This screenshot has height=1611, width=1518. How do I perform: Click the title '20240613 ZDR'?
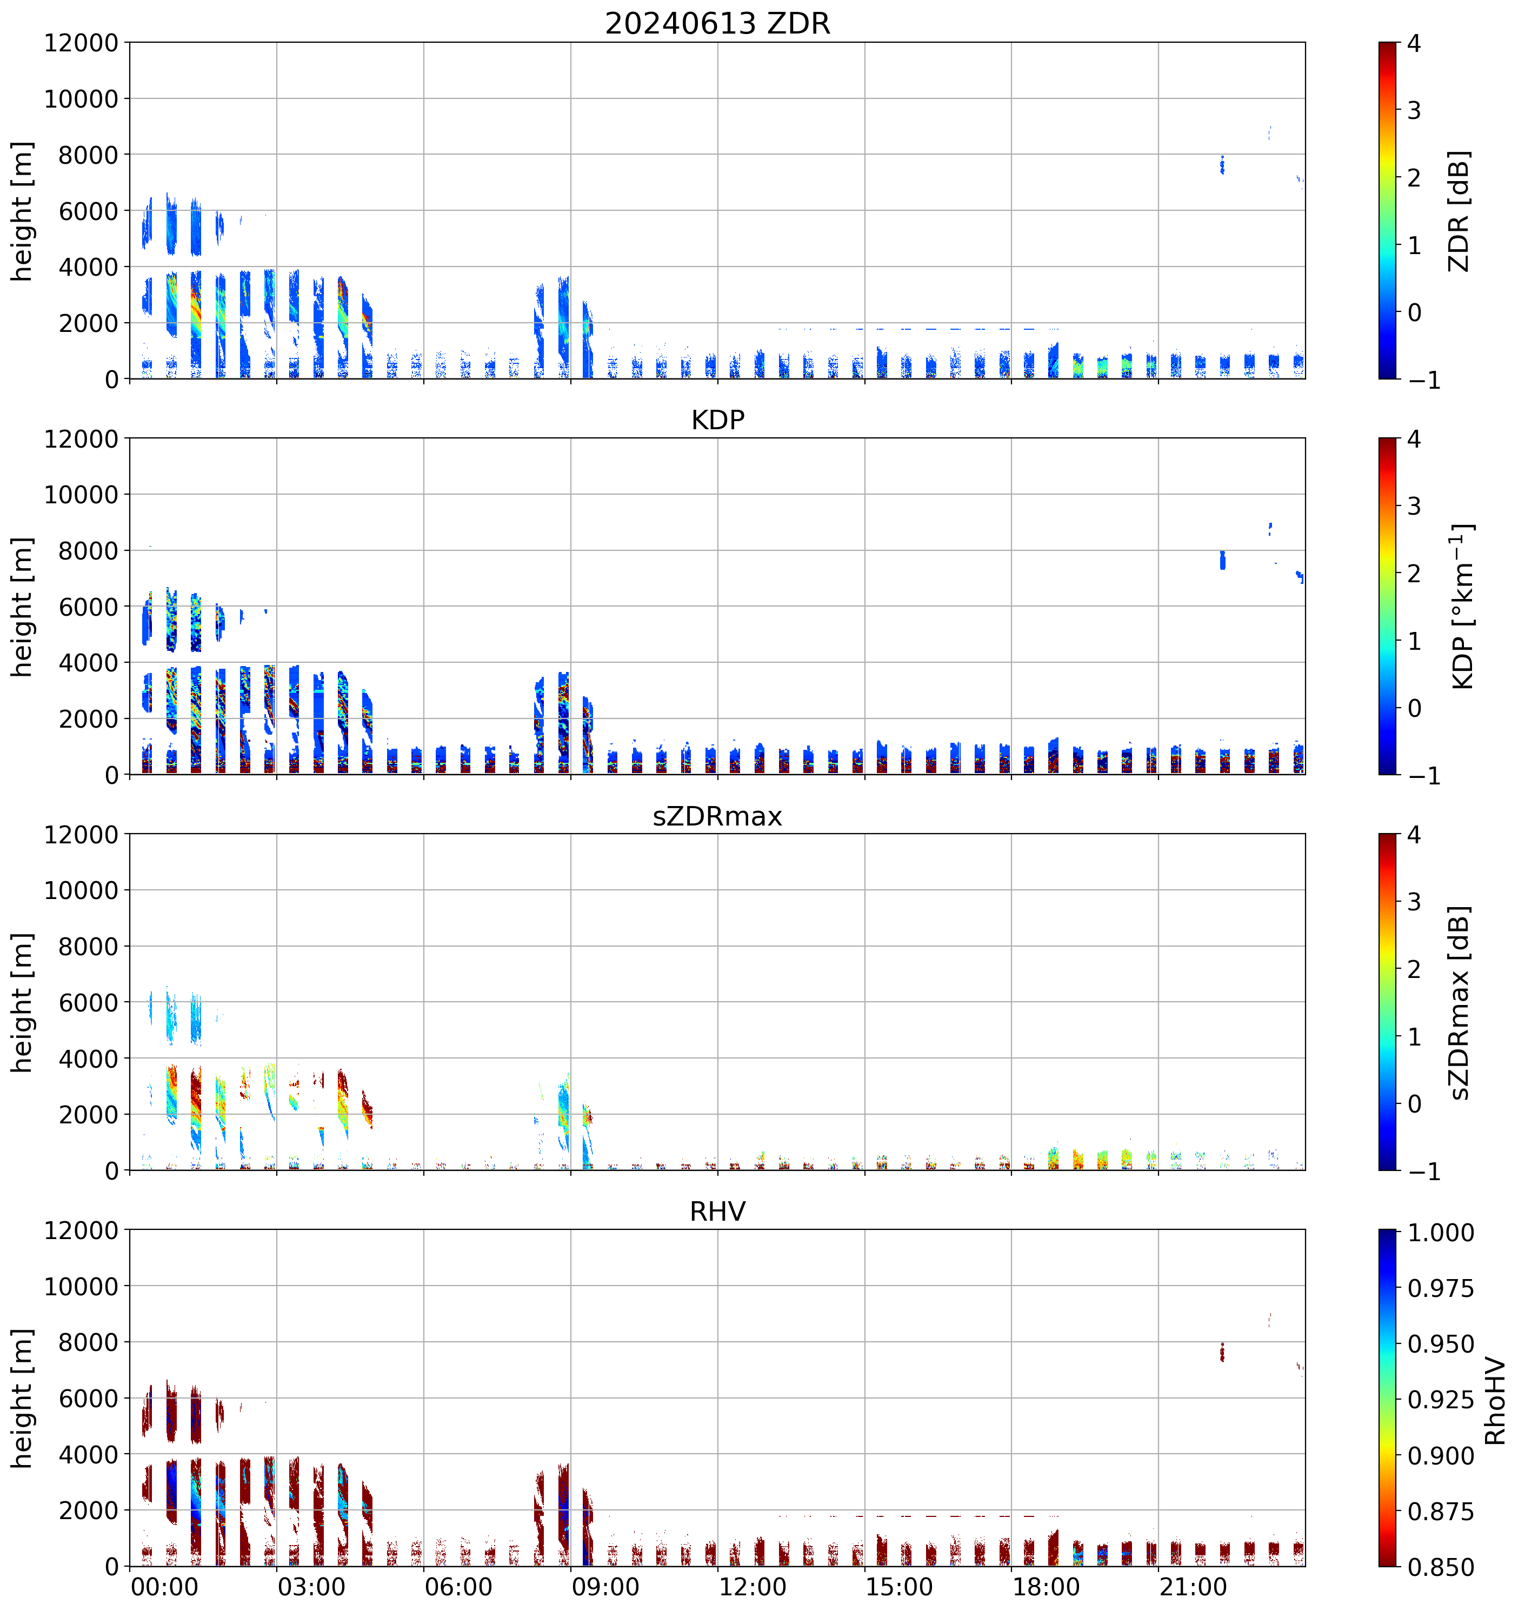click(x=717, y=23)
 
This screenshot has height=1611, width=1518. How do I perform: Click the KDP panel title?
click(x=717, y=420)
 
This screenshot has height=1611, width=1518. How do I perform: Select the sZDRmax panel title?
click(x=717, y=816)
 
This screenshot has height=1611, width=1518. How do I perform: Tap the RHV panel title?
click(x=717, y=1211)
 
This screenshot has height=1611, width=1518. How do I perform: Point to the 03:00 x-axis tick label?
click(x=311, y=1587)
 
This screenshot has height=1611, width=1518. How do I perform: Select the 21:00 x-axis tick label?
click(x=1193, y=1587)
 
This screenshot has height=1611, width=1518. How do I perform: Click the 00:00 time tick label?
click(x=164, y=1587)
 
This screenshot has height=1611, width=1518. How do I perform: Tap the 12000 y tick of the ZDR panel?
click(x=81, y=43)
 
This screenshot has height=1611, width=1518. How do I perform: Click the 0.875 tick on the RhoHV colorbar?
click(x=1440, y=1512)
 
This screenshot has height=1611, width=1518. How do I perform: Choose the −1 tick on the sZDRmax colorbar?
click(x=1424, y=1172)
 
